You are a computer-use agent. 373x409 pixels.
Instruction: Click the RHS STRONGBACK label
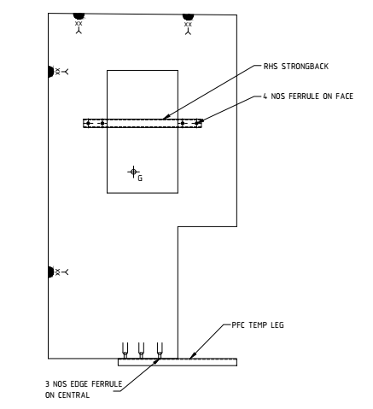click(x=296, y=67)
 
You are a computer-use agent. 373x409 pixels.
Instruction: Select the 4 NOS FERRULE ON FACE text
click(x=308, y=96)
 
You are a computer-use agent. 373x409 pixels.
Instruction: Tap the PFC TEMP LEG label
click(x=258, y=325)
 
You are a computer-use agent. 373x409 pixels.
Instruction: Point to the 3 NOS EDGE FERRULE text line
click(x=84, y=384)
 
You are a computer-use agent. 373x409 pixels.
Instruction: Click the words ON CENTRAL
click(x=67, y=395)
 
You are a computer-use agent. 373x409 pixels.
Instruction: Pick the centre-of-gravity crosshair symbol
click(x=133, y=172)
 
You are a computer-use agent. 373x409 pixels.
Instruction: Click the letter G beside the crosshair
click(x=140, y=178)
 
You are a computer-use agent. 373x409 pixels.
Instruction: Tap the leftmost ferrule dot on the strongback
click(x=88, y=123)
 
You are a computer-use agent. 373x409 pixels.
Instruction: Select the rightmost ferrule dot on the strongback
click(x=197, y=123)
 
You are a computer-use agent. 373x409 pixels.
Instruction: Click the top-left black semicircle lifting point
click(x=79, y=16)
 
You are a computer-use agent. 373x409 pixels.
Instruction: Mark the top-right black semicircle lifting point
click(x=188, y=17)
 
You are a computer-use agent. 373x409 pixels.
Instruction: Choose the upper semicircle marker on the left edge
click(x=51, y=72)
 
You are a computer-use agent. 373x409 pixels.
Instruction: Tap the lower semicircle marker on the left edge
click(x=51, y=272)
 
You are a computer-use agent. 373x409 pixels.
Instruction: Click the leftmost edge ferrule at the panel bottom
click(x=125, y=350)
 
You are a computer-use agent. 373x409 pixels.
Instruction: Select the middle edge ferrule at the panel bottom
click(x=141, y=350)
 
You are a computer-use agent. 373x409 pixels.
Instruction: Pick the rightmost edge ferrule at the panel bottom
click(x=160, y=350)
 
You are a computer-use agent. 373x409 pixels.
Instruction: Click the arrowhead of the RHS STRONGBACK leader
click(x=166, y=117)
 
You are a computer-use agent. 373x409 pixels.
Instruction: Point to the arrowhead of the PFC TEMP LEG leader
click(x=192, y=355)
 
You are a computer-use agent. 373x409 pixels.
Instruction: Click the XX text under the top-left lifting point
click(x=79, y=24)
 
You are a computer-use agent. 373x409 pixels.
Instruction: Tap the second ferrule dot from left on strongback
click(x=102, y=123)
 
